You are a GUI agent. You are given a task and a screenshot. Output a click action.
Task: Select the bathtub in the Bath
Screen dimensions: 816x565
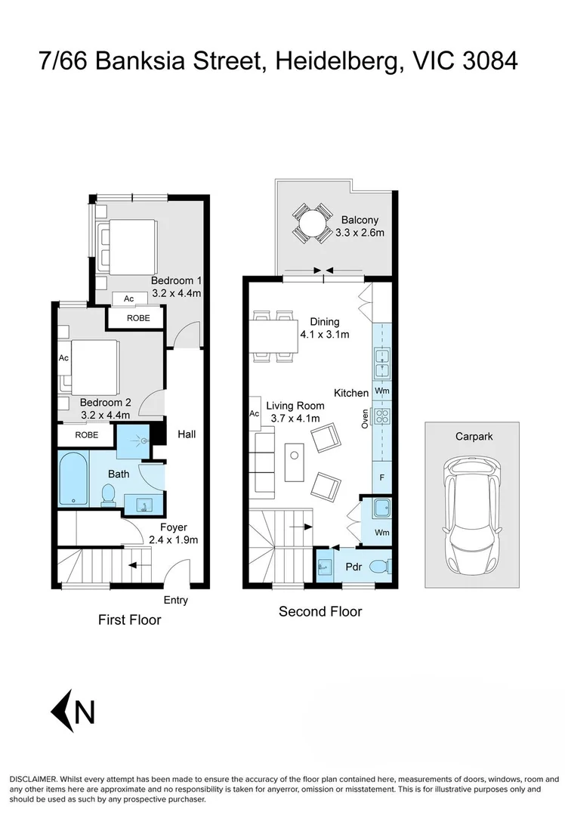coord(73,479)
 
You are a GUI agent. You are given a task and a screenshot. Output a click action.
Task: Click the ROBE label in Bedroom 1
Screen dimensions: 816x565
coord(138,318)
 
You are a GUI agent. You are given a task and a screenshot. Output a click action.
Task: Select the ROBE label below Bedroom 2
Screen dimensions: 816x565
coord(86,435)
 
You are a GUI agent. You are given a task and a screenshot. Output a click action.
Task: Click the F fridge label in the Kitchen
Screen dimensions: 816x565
coord(382,478)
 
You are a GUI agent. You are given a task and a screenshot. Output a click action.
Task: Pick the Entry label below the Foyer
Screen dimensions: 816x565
coord(175,601)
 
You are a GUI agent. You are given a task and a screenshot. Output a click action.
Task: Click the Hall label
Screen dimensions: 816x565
coord(187,434)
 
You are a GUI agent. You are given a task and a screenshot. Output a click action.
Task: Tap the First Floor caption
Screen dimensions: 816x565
coord(130,620)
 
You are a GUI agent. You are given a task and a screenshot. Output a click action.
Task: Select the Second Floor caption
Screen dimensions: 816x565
coord(320,611)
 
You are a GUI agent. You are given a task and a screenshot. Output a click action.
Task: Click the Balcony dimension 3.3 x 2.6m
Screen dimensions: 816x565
coord(360,233)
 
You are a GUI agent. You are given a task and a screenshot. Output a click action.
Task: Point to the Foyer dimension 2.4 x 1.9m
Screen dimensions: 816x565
coord(173,539)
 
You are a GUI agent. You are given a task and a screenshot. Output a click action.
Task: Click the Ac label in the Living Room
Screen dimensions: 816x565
coord(255,414)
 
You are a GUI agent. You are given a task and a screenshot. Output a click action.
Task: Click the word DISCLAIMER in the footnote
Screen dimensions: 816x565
coord(32,778)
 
